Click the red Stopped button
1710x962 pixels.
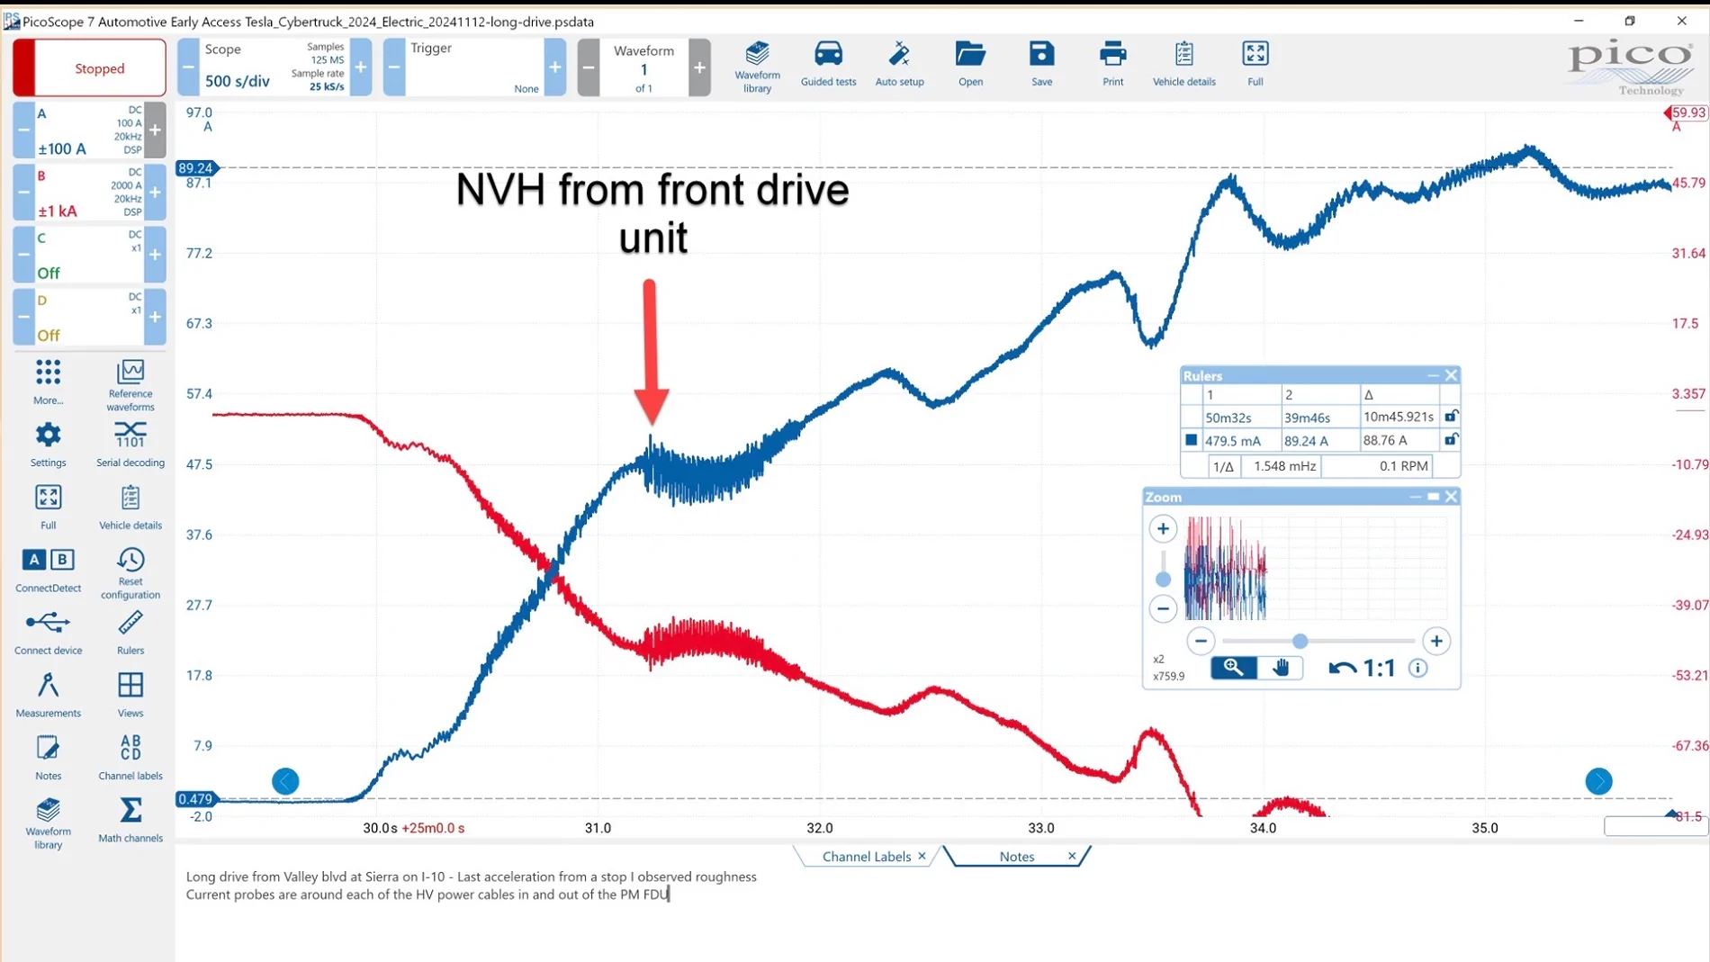(x=89, y=68)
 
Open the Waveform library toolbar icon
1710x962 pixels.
(x=757, y=54)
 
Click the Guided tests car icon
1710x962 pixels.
(x=828, y=54)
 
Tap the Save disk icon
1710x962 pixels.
(x=1041, y=54)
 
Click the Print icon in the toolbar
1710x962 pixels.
(x=1112, y=54)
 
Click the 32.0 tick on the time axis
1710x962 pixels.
(x=819, y=828)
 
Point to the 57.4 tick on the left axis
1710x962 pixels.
(x=199, y=394)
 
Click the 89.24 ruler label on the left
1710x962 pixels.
(x=195, y=168)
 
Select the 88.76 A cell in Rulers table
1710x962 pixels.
(x=1384, y=441)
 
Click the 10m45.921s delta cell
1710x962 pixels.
(x=1398, y=418)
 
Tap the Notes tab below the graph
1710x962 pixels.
(x=1017, y=857)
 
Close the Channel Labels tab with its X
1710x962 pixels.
(x=922, y=856)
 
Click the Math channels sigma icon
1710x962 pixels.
(x=130, y=810)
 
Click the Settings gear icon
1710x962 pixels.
(x=48, y=436)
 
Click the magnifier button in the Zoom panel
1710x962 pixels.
(x=1233, y=668)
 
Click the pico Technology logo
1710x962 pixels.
(x=1630, y=67)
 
